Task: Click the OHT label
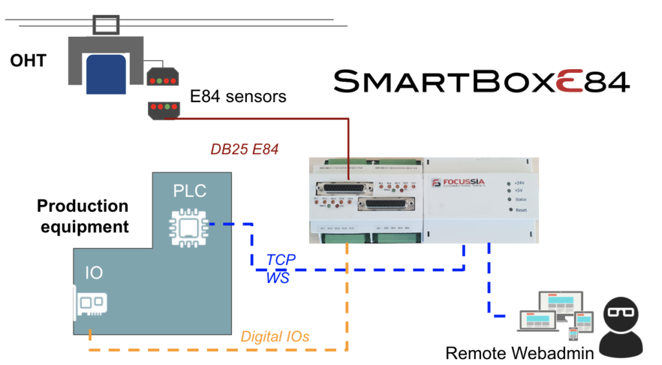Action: click(x=28, y=61)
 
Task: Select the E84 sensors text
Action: click(x=237, y=97)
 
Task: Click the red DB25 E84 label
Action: click(x=244, y=149)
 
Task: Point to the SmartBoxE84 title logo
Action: click(x=481, y=81)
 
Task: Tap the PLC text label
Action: click(x=190, y=191)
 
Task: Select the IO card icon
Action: click(x=89, y=305)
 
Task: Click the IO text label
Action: click(x=94, y=273)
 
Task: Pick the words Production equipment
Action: click(x=83, y=216)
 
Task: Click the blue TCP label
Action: click(x=281, y=260)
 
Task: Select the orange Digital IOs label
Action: click(x=275, y=336)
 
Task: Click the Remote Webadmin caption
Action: click(x=519, y=353)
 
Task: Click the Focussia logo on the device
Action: click(x=456, y=183)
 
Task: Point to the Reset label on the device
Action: click(x=521, y=210)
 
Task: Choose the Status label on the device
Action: click(x=522, y=200)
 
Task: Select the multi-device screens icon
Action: click(x=555, y=316)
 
